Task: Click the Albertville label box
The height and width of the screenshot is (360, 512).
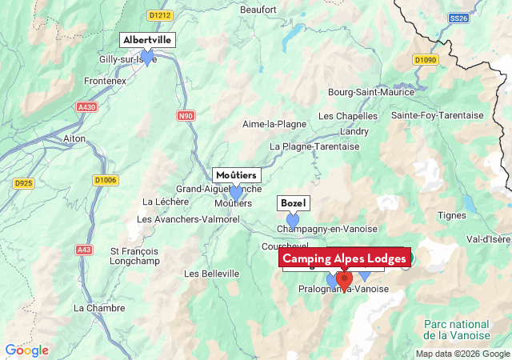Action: point(147,40)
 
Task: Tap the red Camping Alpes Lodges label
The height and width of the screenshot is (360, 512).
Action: point(345,258)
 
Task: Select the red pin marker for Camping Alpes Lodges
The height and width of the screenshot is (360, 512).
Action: point(344,281)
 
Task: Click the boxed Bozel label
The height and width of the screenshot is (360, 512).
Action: point(294,203)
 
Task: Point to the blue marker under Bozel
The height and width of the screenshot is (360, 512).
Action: point(293,219)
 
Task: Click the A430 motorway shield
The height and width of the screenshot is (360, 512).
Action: point(86,106)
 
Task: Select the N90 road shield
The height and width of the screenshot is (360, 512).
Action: point(186,116)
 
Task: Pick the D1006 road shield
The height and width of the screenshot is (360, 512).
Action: point(105,180)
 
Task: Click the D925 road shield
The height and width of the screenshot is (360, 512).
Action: point(25,184)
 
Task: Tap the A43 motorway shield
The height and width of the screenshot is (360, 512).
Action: point(84,250)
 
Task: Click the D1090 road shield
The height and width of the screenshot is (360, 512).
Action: point(426,60)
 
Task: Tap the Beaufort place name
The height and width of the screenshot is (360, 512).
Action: point(258,10)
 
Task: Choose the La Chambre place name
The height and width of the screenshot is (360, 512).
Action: point(99,308)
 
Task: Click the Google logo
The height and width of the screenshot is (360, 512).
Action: point(26,350)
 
